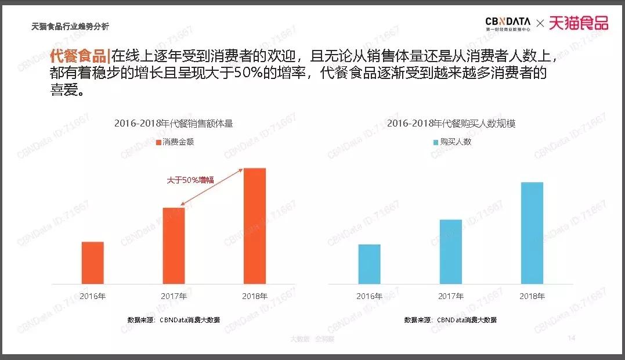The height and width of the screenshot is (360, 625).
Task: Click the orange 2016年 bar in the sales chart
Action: (92, 262)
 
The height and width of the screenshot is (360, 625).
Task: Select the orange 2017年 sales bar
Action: (174, 246)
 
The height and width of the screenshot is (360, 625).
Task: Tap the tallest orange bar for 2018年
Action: (254, 226)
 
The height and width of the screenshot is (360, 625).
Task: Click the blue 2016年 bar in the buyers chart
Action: (369, 264)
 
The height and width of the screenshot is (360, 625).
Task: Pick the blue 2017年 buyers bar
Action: (450, 251)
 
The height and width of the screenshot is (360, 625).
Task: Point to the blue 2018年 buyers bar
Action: (532, 233)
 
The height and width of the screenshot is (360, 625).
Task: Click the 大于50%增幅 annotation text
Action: (190, 180)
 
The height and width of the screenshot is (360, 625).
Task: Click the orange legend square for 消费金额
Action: (158, 142)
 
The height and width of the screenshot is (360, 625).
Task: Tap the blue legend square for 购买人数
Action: (435, 142)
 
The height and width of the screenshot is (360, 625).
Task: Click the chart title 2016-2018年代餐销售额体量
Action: (173, 123)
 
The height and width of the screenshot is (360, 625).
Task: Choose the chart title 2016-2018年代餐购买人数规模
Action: (450, 123)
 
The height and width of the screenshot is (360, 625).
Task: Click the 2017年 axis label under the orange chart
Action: (174, 296)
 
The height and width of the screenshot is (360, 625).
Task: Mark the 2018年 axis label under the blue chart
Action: (532, 296)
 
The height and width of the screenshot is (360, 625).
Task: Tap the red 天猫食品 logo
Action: (578, 23)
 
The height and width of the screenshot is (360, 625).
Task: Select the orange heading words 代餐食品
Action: (78, 56)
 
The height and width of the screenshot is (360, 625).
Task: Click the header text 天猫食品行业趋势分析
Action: (70, 27)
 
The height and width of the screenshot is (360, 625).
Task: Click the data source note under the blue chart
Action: (450, 320)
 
